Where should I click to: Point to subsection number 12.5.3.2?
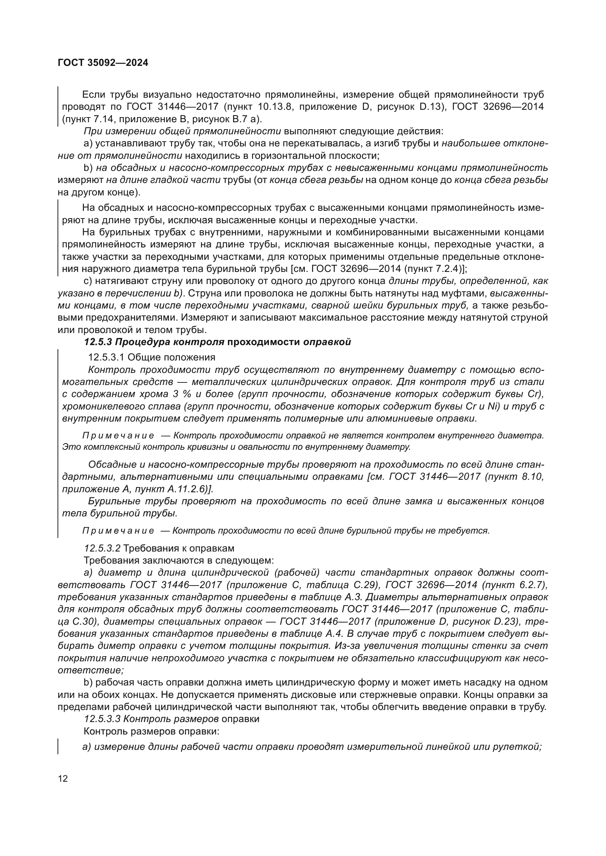[102, 549]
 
